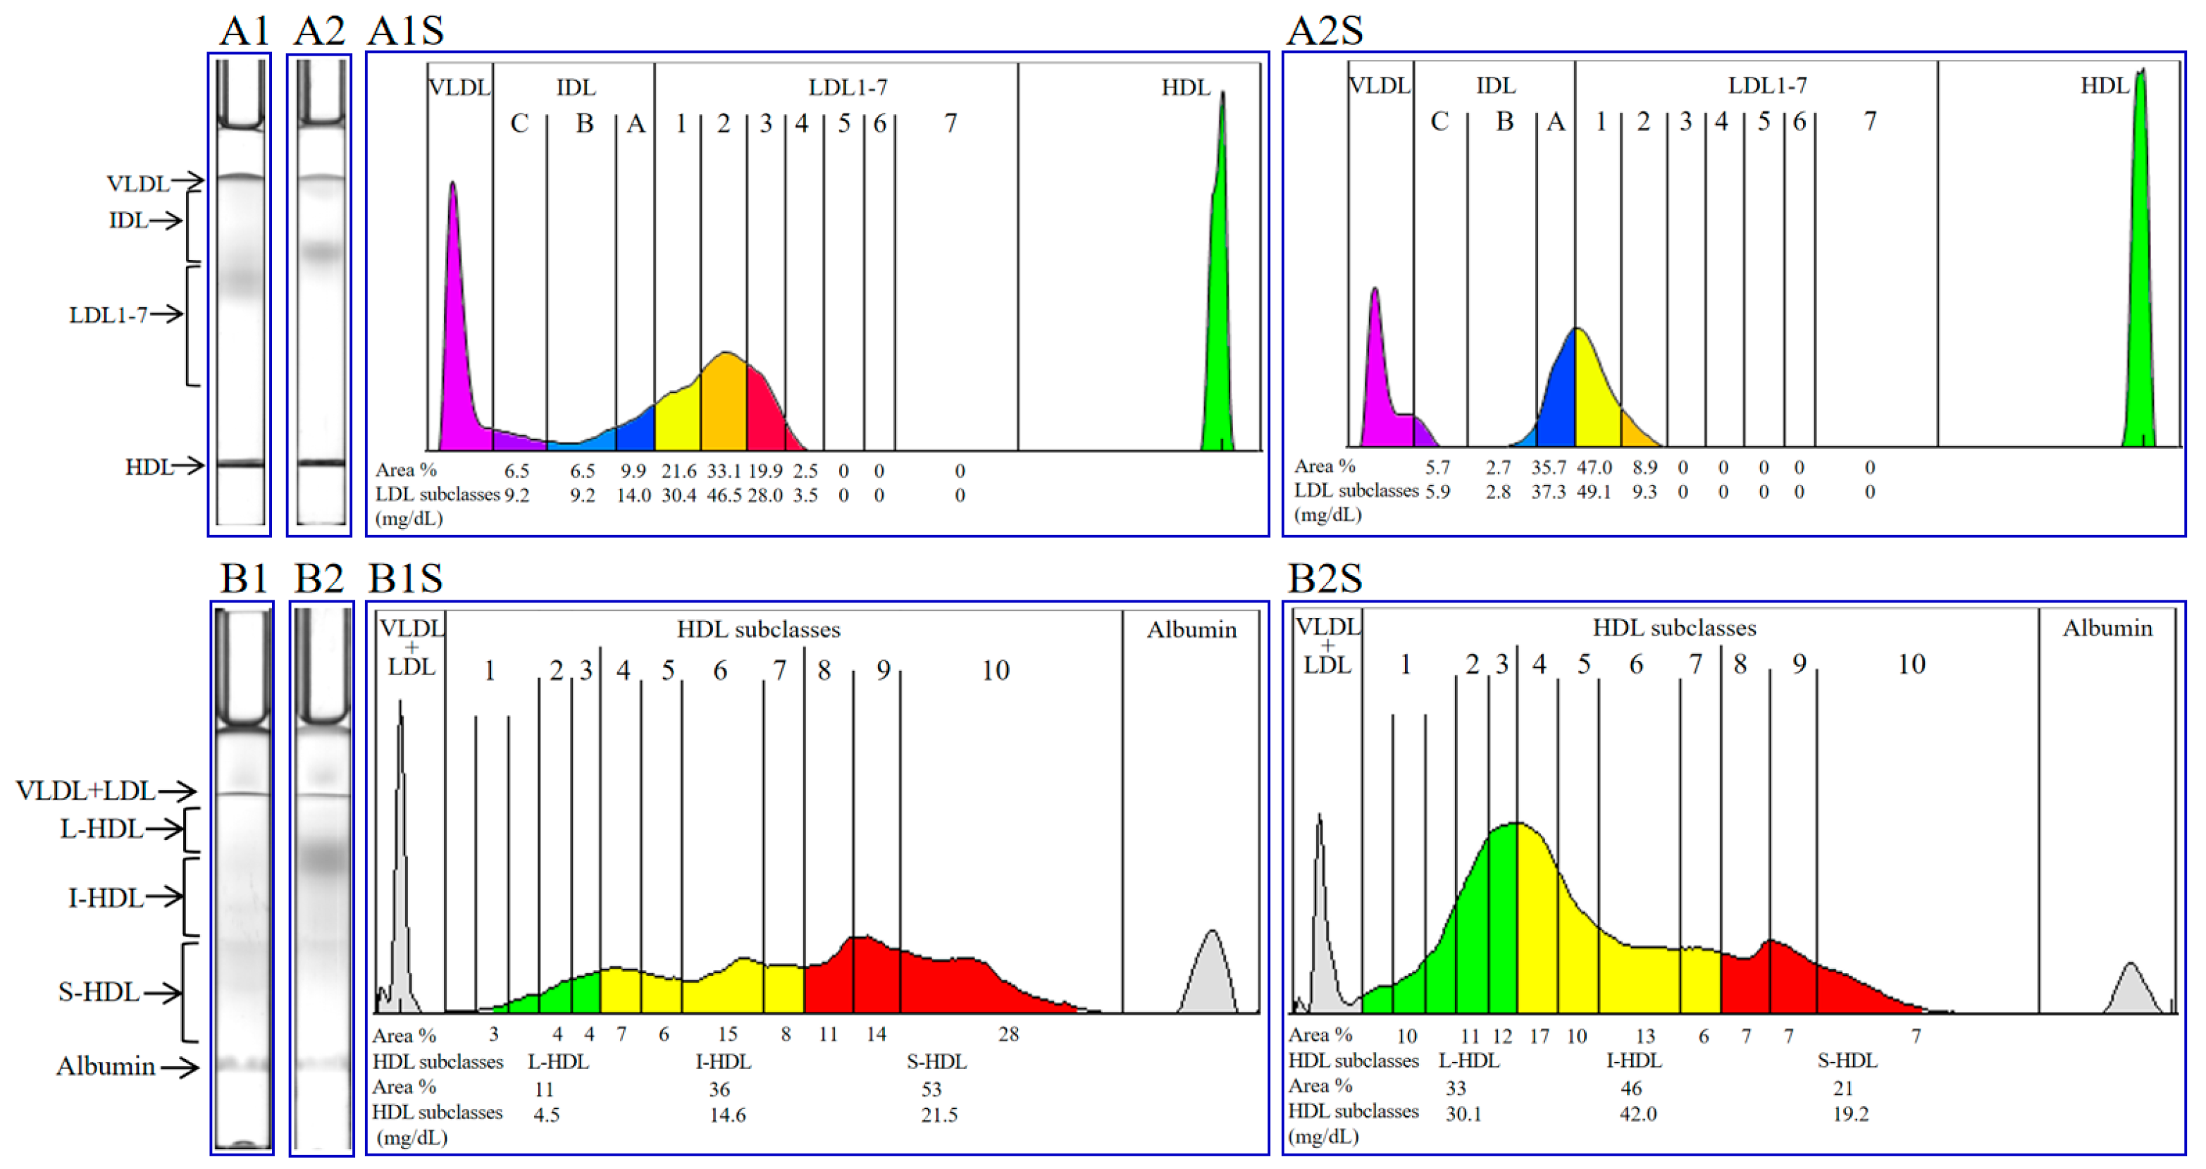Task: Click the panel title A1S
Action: (405, 31)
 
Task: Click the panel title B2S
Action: (1324, 579)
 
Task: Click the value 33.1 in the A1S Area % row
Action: (724, 471)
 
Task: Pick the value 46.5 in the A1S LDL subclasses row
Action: (724, 495)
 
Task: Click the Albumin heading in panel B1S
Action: (1191, 631)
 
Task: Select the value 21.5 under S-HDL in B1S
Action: (938, 1115)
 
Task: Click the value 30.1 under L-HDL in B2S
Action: (1463, 1113)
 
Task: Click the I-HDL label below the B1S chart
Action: (723, 1062)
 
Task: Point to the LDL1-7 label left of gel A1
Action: (108, 315)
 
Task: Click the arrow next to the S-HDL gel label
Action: (163, 993)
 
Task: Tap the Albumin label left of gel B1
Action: (106, 1066)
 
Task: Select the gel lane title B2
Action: (318, 579)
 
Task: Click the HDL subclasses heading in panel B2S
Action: (1673, 629)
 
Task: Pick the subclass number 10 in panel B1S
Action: (995, 671)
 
